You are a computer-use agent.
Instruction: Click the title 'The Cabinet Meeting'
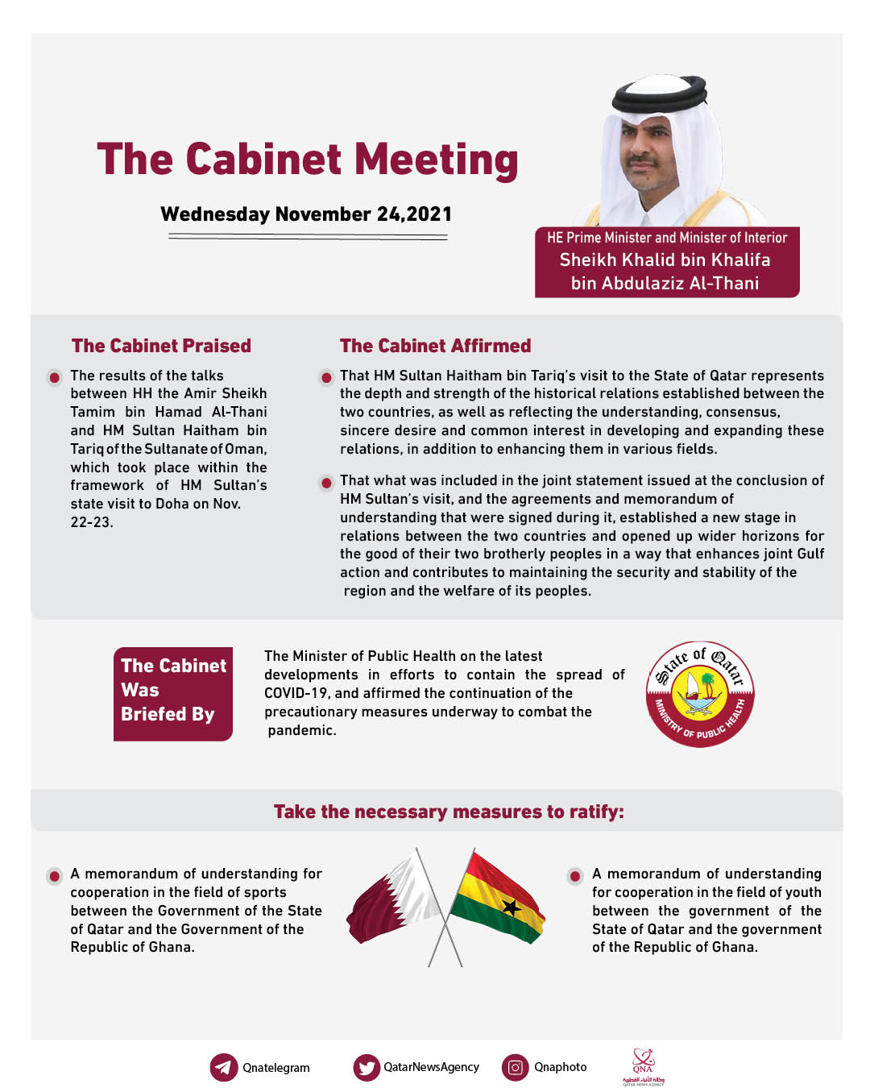[x=307, y=160]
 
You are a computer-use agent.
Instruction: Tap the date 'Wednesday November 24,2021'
[x=306, y=214]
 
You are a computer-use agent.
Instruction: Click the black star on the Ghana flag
[x=511, y=907]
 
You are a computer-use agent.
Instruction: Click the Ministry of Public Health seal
[x=700, y=694]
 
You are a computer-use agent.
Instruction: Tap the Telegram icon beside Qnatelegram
[x=223, y=1067]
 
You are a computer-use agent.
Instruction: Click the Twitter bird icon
[x=367, y=1067]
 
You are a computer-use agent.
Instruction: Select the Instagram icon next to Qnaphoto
[x=516, y=1067]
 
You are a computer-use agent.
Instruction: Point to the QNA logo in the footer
[x=643, y=1067]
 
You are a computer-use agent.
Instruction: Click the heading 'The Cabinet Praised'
[x=161, y=346]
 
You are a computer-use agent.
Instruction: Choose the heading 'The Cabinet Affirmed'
[x=435, y=346]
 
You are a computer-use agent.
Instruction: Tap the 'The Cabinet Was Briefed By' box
[x=173, y=693]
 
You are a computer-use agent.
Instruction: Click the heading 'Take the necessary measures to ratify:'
[x=449, y=812]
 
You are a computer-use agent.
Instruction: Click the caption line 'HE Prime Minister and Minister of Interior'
[x=667, y=238]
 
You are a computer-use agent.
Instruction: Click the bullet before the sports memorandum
[x=55, y=875]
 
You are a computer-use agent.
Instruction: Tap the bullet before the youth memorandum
[x=575, y=875]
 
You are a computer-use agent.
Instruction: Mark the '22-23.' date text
[x=92, y=522]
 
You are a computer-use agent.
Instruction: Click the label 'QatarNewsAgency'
[x=431, y=1067]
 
